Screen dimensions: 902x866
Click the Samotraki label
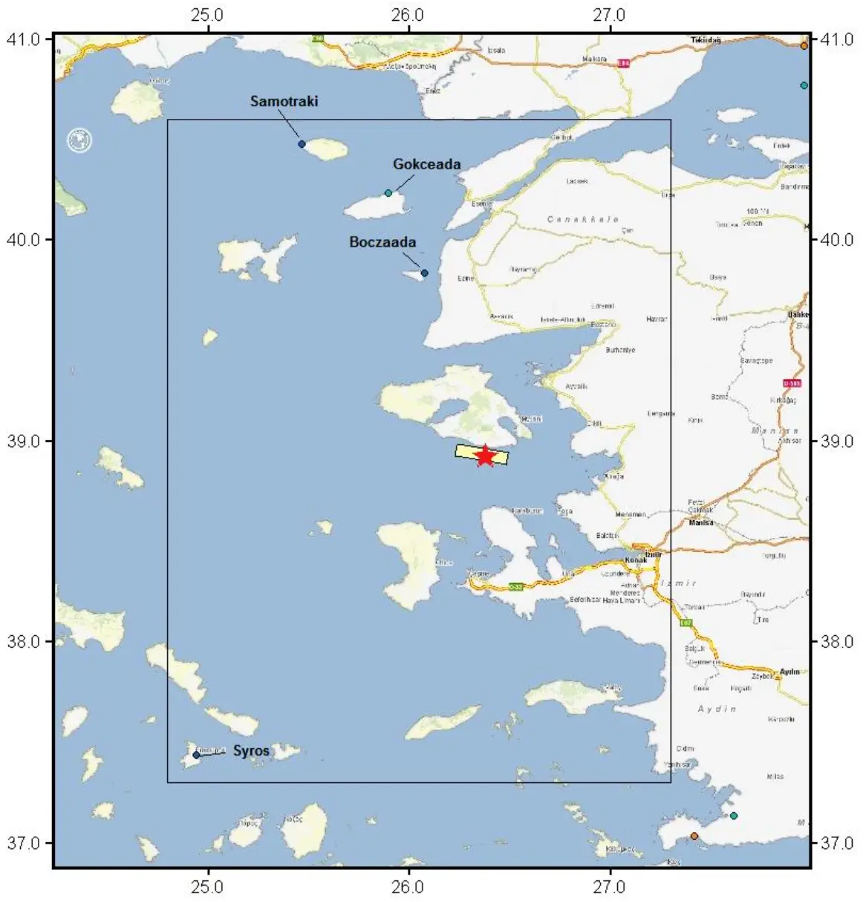[x=284, y=101]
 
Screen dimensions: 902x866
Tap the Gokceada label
[x=426, y=164]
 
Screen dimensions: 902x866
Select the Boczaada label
[x=382, y=242]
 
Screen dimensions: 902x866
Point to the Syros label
[x=251, y=750]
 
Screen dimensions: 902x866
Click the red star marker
[x=484, y=455]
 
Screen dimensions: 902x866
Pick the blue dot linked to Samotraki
[x=302, y=144]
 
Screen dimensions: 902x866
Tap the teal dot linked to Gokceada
[x=388, y=193]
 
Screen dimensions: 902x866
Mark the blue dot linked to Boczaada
[x=424, y=273]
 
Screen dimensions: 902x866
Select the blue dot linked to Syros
[x=196, y=755]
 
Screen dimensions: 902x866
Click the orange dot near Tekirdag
[x=804, y=45]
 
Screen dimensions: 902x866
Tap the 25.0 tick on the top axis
[x=208, y=15]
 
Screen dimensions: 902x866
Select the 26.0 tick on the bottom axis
[x=408, y=887]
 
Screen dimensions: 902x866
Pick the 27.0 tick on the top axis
[x=610, y=15]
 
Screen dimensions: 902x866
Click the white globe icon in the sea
[x=79, y=140]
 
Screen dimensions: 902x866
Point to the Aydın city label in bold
[x=790, y=672]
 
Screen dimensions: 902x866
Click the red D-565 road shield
[x=792, y=383]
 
